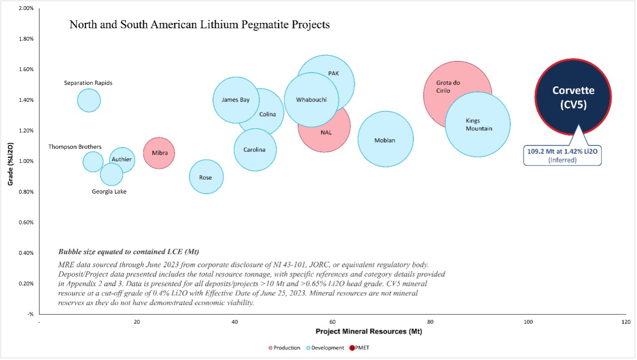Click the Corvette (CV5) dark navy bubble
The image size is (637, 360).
point(573,97)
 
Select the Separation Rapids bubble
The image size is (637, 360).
point(89,100)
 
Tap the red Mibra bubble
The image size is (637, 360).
point(159,153)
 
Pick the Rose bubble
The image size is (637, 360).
point(206,177)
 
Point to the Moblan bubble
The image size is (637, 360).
point(386,140)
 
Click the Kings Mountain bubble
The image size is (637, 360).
point(478,125)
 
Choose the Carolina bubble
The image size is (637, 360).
point(255,150)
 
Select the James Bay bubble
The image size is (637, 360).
point(235,100)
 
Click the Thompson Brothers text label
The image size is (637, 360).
point(75,147)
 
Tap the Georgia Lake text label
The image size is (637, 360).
point(109,192)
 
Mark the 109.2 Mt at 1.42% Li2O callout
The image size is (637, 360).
point(562,155)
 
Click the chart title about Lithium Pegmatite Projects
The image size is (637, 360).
point(199,25)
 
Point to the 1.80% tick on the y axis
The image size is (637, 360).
point(27,39)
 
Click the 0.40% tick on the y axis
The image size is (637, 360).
point(27,253)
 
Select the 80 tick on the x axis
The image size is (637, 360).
point(430,322)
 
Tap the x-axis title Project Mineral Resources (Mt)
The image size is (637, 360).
point(369,331)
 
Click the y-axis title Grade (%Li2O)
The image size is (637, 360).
point(11,164)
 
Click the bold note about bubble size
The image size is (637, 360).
point(128,252)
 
